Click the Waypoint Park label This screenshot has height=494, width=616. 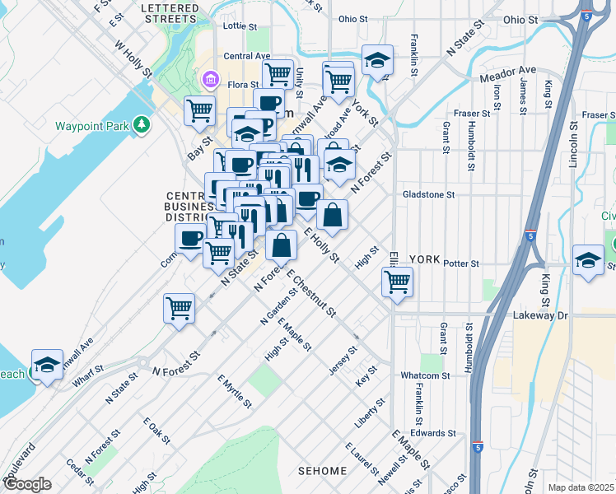point(91,127)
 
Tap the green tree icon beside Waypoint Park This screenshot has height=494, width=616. point(143,125)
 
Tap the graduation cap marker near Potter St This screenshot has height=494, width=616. point(588,260)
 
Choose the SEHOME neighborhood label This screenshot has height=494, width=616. point(322,471)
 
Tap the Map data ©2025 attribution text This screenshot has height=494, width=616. point(580,487)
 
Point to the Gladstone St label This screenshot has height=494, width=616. point(428,195)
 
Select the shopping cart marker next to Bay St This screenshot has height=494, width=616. point(199,110)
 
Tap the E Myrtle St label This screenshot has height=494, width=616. point(235,392)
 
